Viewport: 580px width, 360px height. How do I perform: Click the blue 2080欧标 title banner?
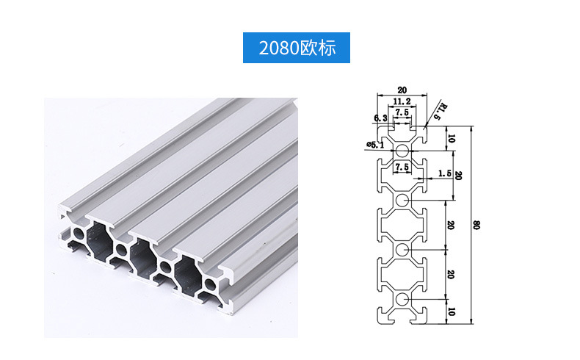point(297,48)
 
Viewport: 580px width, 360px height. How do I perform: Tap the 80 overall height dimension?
point(476,225)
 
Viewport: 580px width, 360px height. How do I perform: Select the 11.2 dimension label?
point(402,101)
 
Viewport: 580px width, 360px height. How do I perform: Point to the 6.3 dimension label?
point(380,118)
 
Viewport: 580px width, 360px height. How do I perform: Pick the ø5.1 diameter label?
point(375,145)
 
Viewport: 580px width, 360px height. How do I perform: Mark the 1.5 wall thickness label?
point(444,173)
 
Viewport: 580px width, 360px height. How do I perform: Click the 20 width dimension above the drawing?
point(402,90)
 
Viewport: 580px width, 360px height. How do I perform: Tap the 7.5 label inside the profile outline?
point(402,167)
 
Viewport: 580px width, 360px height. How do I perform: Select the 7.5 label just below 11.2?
point(402,112)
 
